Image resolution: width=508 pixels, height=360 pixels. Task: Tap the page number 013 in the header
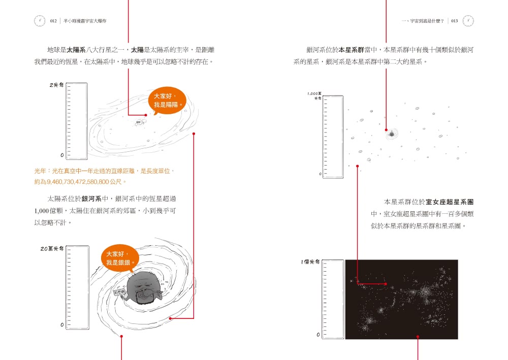(454, 21)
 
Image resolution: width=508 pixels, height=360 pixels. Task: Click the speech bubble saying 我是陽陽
(167, 101)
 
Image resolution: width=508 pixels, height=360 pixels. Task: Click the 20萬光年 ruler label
(52, 249)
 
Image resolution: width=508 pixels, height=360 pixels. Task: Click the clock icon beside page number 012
(39, 21)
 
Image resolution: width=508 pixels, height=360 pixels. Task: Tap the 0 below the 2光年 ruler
(62, 154)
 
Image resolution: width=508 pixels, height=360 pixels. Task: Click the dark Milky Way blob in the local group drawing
(392, 134)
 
